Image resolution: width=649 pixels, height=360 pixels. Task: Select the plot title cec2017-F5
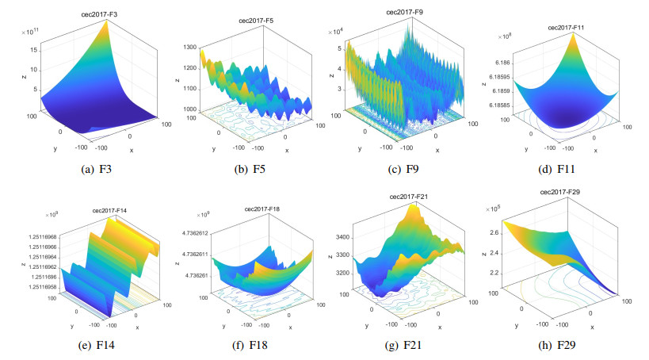click(260, 21)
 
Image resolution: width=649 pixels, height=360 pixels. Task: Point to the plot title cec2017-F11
click(568, 28)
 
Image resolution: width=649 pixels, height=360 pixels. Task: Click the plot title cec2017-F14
click(112, 210)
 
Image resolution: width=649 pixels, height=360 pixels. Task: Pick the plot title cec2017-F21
click(409, 197)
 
